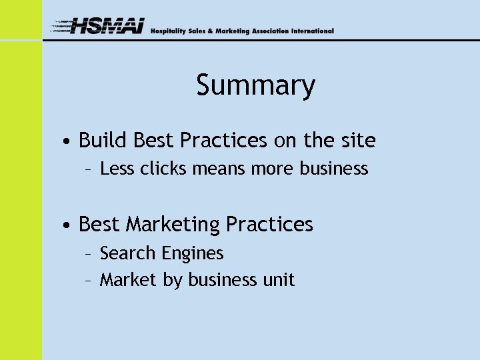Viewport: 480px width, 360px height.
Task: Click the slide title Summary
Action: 255,86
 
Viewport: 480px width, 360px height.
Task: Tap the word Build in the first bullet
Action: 103,141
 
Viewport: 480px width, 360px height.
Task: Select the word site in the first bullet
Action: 359,141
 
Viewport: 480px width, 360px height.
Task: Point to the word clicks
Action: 164,169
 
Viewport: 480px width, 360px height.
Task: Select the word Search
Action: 128,253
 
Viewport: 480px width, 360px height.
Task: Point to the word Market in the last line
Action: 129,280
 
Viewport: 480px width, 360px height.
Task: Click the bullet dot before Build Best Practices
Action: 69,142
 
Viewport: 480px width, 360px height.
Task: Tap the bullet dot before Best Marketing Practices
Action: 69,226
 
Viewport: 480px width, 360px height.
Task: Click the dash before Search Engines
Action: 89,254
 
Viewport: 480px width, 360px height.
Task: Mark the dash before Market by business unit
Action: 89,281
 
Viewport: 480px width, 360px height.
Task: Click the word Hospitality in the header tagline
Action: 169,31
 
